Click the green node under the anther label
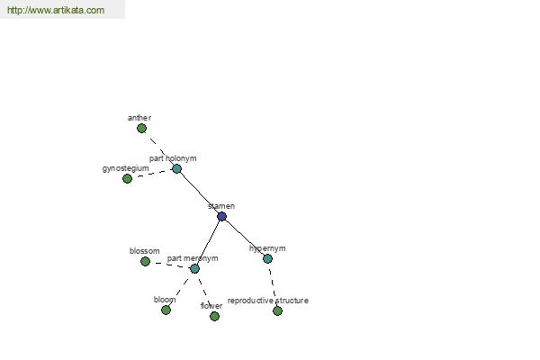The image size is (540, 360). pyautogui.click(x=141, y=129)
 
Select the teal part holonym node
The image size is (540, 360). pyautogui.click(x=176, y=169)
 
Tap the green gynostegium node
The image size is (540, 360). pyautogui.click(x=127, y=178)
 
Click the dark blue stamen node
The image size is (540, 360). pyautogui.click(x=221, y=216)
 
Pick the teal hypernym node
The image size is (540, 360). pyautogui.click(x=267, y=258)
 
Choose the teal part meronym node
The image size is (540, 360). pyautogui.click(x=194, y=269)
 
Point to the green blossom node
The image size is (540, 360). pyautogui.click(x=145, y=262)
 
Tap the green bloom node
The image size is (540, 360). pyautogui.click(x=166, y=310)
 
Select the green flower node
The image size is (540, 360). pyautogui.click(x=214, y=316)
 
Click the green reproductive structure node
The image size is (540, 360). pyautogui.click(x=277, y=311)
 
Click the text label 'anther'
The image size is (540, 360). pyautogui.click(x=139, y=118)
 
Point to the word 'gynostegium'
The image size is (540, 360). pyautogui.click(x=126, y=168)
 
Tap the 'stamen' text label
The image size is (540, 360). pyautogui.click(x=221, y=206)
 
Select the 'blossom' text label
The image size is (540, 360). pyautogui.click(x=145, y=251)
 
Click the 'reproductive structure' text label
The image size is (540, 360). pyautogui.click(x=268, y=301)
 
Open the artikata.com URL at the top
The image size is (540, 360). pyautogui.click(x=56, y=10)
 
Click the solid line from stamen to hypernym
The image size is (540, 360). pyautogui.click(x=245, y=238)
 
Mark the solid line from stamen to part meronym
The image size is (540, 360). pyautogui.click(x=208, y=242)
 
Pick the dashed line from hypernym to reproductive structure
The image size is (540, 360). pyautogui.click(x=273, y=284)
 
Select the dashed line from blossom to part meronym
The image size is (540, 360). pyautogui.click(x=170, y=265)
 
